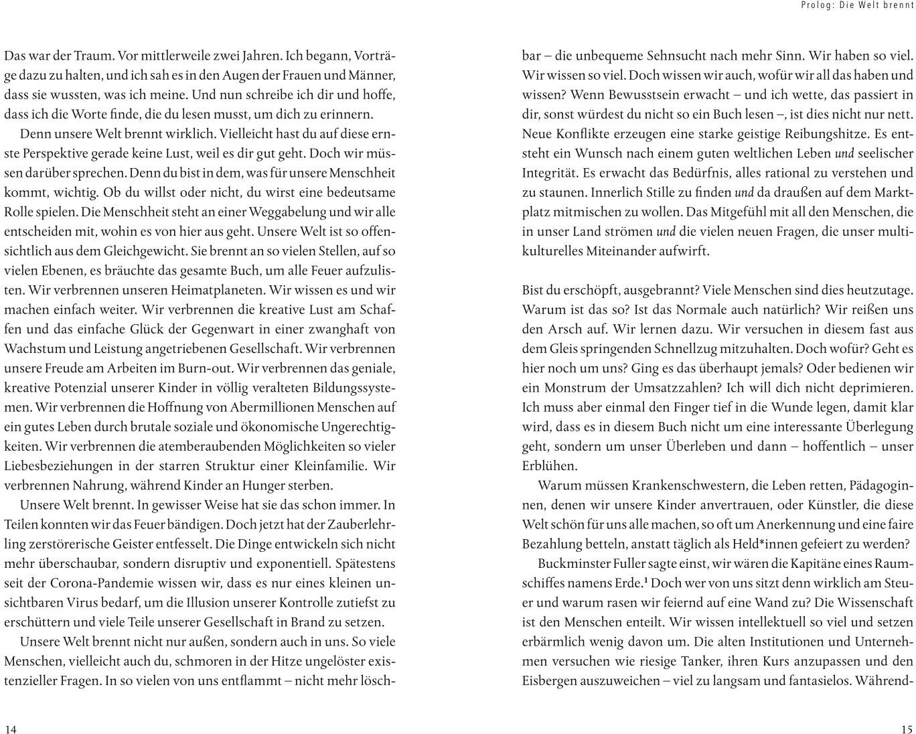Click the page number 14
[10, 729]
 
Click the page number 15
[907, 729]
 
